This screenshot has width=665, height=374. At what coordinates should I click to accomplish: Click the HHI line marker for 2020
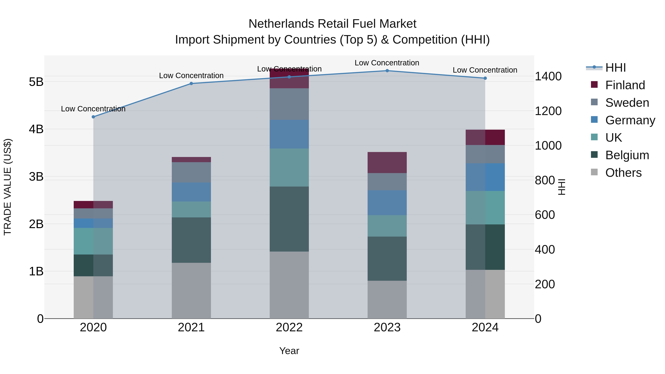93,117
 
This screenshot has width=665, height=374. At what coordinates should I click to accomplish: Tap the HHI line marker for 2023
387,71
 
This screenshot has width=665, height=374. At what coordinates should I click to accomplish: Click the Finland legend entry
625,85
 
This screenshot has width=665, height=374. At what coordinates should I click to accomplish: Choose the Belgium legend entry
627,155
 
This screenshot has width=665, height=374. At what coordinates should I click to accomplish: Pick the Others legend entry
623,173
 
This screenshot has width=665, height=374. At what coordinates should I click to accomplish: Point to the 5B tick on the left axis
36,82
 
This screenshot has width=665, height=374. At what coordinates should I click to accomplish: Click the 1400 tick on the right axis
548,76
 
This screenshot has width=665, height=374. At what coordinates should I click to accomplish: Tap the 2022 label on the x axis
289,327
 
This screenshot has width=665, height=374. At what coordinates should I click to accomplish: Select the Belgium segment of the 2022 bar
289,219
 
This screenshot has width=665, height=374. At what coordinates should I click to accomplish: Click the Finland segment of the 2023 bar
387,163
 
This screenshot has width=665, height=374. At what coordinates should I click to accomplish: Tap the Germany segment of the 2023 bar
387,203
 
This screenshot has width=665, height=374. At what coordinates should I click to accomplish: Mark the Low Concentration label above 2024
485,70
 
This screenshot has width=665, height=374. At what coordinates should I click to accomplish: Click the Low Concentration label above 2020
93,109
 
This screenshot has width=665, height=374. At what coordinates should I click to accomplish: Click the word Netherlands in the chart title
281,24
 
